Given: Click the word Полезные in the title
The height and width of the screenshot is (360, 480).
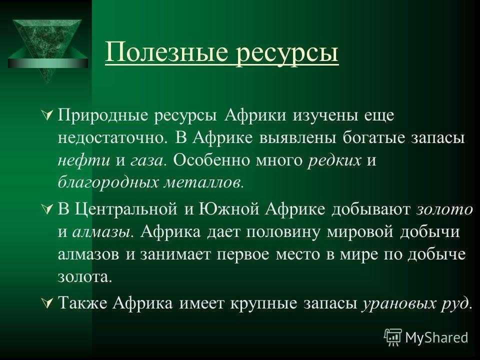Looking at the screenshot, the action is [x=167, y=52].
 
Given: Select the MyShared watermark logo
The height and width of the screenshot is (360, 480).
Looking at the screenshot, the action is [x=426, y=337].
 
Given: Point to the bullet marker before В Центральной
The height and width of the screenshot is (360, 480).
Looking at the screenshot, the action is [x=47, y=209].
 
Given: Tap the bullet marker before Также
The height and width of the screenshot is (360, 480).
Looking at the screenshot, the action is [x=47, y=303].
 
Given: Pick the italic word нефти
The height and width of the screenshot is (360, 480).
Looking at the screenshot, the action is [x=84, y=160].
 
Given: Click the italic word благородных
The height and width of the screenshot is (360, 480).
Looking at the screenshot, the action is [x=108, y=183].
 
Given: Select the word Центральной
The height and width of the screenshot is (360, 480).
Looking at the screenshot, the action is [x=126, y=210].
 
